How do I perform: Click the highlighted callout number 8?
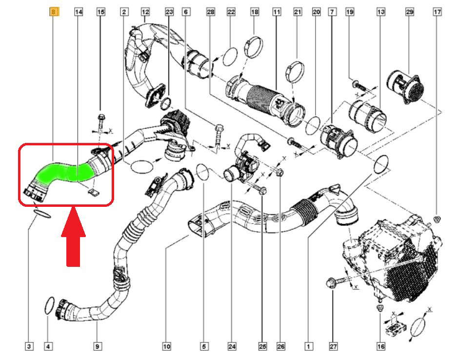coord(54,12)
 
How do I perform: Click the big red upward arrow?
coord(73,236)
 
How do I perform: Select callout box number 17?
coord(437,12)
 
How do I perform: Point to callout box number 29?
coord(410,12)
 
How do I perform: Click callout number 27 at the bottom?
coord(333,346)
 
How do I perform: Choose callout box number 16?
coord(380,346)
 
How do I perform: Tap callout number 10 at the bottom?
coord(166,346)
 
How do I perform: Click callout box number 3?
coord(29,346)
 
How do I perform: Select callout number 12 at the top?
coord(145,12)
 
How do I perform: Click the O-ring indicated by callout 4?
coord(49,305)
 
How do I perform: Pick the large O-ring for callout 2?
coord(142,167)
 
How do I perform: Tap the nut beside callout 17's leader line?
coord(437,219)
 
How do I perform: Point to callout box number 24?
coord(232,346)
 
